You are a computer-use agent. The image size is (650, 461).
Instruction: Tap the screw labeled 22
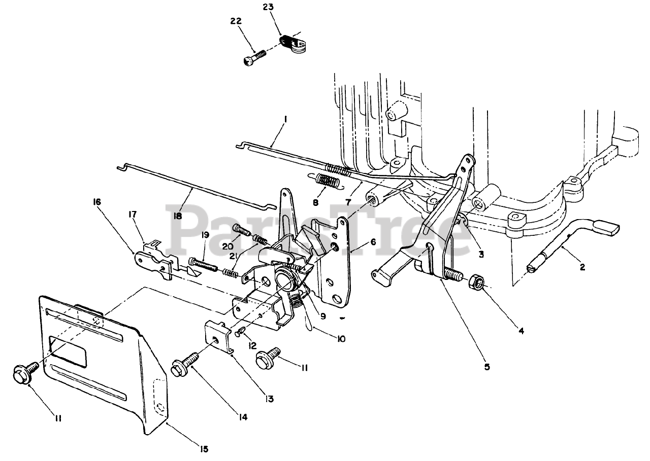(253, 56)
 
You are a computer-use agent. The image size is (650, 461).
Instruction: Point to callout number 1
(285, 120)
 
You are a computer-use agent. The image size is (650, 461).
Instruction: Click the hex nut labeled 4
(477, 282)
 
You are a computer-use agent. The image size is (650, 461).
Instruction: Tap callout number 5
(486, 367)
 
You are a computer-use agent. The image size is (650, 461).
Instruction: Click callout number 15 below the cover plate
(204, 448)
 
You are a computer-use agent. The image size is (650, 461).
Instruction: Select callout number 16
(96, 202)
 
